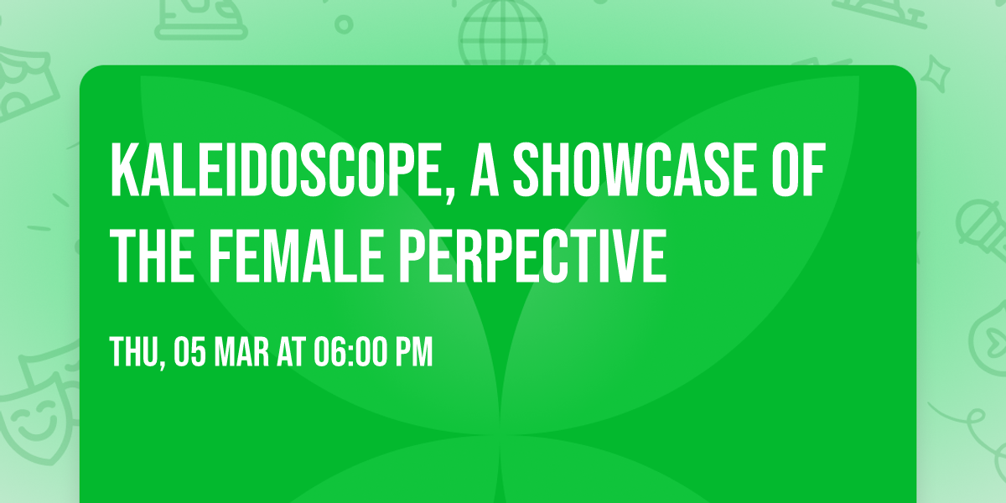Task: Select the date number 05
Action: coord(189,353)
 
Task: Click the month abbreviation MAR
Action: coord(243,353)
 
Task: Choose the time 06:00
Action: coord(350,353)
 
